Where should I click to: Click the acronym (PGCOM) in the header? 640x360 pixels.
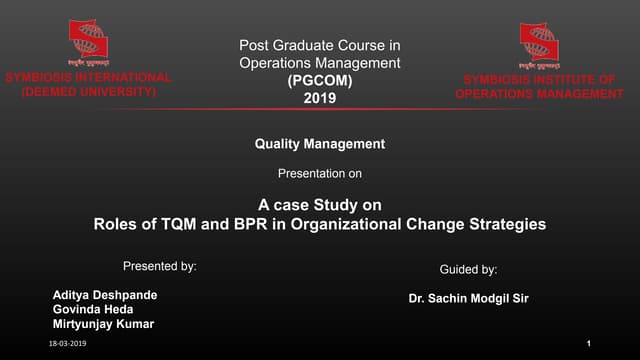319,81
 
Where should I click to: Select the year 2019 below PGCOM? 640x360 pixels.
319,99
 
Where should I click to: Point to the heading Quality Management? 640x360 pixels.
319,144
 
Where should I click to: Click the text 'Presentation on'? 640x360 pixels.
319,174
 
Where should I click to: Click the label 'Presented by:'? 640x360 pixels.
159,267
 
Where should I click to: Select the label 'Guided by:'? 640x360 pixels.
468,270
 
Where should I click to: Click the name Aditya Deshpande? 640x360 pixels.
105,295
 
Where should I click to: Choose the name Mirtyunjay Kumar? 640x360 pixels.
104,324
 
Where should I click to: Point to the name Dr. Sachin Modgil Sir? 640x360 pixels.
469,298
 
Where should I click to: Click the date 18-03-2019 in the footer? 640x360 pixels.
69,343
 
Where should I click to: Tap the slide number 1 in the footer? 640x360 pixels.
590,343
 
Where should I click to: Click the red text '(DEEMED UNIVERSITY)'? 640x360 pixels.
89,91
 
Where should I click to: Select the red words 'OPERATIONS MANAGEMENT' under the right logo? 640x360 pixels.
539,94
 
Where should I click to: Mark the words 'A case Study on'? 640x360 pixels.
319,205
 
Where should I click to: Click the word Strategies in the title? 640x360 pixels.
506,224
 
